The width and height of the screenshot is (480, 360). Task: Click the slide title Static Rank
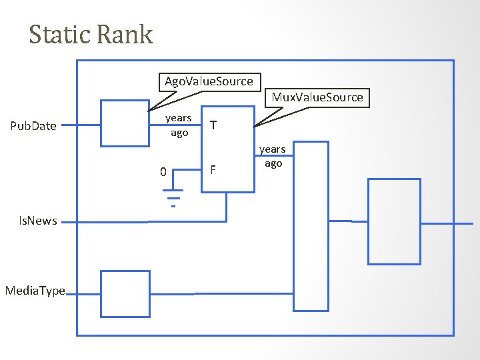tap(91, 35)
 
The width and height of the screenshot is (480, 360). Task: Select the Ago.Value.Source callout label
tap(209, 81)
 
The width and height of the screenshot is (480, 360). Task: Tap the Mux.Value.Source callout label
tap(317, 97)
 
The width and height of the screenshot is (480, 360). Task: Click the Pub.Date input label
tap(33, 126)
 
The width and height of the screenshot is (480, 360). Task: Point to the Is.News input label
tap(38, 221)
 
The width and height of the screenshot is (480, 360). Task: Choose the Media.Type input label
tap(35, 291)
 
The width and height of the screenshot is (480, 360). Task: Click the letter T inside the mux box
tap(212, 125)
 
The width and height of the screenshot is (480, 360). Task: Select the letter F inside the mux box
tap(213, 170)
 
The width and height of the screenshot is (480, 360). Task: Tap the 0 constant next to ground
tap(163, 172)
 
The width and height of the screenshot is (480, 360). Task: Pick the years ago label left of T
tap(178, 125)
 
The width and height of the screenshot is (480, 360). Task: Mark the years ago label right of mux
tap(273, 156)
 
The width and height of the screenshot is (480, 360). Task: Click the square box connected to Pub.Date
tap(125, 123)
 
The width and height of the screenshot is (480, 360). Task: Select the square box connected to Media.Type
tap(125, 293)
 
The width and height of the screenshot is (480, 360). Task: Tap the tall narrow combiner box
tap(311, 226)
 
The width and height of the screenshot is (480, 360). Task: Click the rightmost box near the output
tap(394, 221)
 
